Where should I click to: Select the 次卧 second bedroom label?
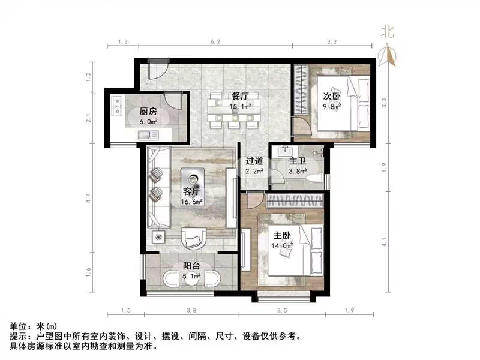click(332, 97)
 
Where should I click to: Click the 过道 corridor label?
click(254, 161)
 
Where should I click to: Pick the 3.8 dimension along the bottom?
click(191, 310)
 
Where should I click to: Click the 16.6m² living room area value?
click(194, 202)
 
